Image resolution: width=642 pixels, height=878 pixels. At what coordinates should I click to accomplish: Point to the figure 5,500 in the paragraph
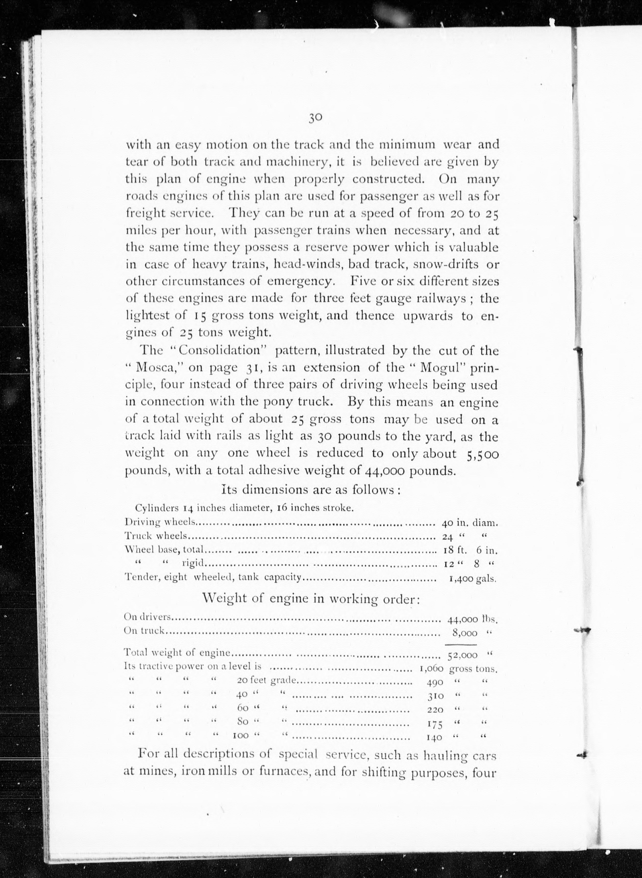coord(481,454)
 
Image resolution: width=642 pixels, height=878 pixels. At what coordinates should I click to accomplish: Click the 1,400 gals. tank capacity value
coord(473,578)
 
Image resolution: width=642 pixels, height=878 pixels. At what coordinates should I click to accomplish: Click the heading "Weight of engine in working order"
coord(311,599)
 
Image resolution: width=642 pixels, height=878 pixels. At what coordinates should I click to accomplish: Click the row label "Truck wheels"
coord(156,536)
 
